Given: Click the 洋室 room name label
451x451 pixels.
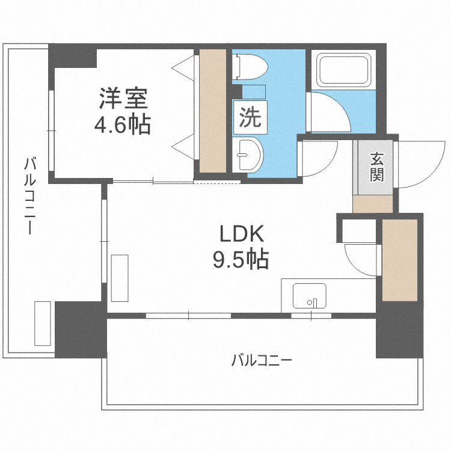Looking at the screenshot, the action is pos(123,99).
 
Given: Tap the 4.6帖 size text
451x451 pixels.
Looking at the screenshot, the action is pos(123,124).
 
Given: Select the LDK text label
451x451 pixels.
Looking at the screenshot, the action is pos(242,233).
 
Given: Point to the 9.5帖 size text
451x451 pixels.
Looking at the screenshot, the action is pos(241,259).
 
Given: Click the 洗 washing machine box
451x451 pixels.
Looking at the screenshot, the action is pos(250,117).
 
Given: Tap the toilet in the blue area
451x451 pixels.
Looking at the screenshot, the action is pos(250,67).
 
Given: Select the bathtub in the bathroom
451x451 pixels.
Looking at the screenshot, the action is pos(344,70).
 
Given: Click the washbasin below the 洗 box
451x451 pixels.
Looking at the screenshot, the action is pos(248,155).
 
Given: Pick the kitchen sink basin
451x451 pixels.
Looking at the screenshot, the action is pos(310,296).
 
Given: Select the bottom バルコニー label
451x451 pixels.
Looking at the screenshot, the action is pos(262,360).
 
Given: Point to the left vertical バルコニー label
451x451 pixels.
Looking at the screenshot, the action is pos(29,196).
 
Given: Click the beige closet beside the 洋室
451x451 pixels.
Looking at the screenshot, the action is pos(212,111).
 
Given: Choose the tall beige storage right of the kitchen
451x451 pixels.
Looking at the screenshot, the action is pos(400,260).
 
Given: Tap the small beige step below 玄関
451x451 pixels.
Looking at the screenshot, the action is pos(373,204).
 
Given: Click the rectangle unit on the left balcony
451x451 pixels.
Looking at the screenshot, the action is pos(43,324).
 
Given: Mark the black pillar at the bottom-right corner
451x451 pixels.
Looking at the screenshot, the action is pos(399,330).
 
